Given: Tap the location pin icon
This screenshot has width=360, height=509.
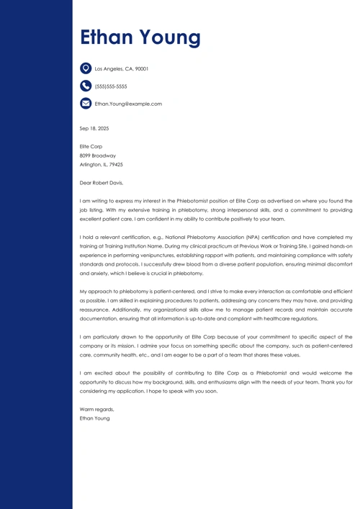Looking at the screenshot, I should tap(86, 68).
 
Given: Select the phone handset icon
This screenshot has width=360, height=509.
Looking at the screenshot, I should tap(86, 86).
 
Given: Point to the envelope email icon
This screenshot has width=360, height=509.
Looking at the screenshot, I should tap(86, 104).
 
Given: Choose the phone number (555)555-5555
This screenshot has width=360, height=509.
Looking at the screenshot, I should tap(111, 86).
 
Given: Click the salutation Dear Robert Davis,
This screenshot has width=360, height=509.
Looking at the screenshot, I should tap(102, 183).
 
